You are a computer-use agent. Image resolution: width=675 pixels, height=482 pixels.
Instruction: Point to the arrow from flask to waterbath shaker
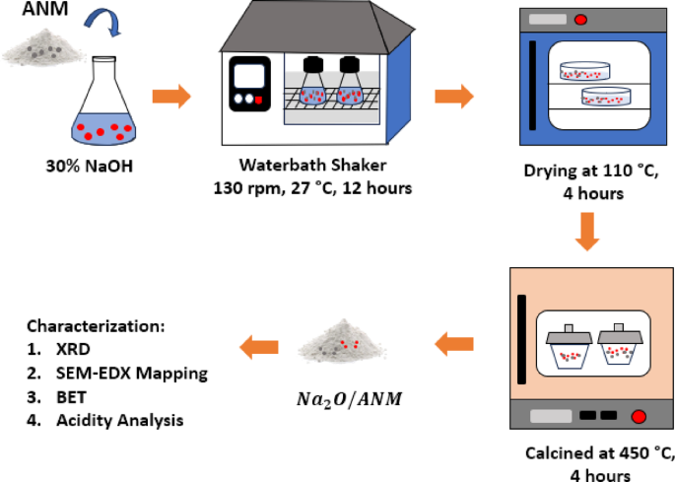coord(170,97)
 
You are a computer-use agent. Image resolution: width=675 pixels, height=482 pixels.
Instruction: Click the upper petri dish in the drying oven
coord(584,71)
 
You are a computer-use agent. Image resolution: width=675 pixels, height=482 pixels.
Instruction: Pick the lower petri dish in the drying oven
coord(604,97)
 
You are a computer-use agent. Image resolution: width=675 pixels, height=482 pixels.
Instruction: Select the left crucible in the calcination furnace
coord(567,347)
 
